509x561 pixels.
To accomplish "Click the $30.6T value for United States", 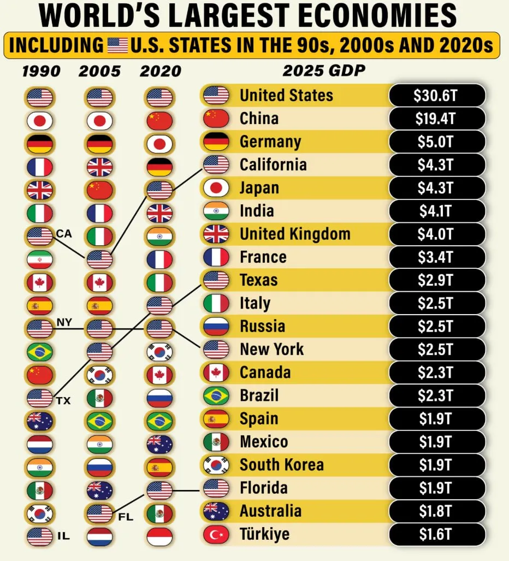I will tap(436, 96).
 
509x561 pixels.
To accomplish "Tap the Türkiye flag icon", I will tap(216, 534).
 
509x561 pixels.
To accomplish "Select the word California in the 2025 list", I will tap(273, 164).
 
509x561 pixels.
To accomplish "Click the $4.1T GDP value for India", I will tap(436, 211).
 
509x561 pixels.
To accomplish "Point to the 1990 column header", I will tap(42, 72).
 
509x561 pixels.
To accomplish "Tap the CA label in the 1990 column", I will tap(64, 234).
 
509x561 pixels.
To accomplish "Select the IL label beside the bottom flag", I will tap(63, 536).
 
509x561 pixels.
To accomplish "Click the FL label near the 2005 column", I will tap(126, 516).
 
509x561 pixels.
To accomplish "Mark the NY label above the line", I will tap(64, 321).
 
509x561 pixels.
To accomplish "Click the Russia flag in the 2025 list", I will tap(216, 327).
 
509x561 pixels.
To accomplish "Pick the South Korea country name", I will tap(281, 465).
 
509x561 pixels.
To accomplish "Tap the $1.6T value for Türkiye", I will tap(436, 534).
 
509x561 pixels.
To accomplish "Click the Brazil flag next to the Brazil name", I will tap(216, 395).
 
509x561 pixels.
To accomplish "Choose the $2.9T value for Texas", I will tap(436, 280).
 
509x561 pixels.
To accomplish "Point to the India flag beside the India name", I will tap(216, 211).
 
